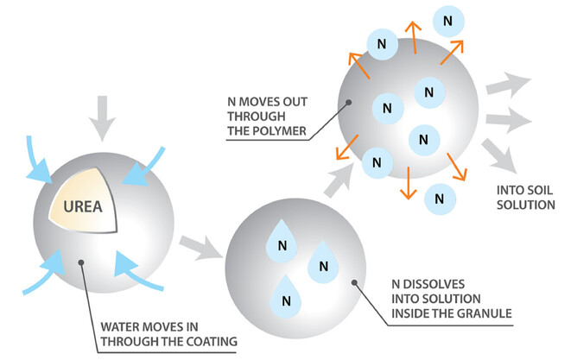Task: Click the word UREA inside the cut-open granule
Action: click(79, 208)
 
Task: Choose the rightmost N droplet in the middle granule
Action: click(320, 260)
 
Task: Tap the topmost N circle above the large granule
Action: click(446, 18)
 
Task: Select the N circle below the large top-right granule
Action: click(440, 198)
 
